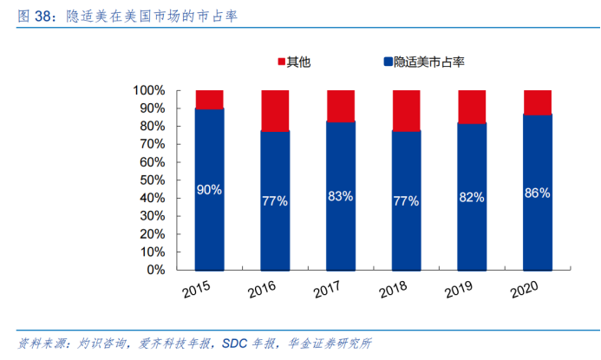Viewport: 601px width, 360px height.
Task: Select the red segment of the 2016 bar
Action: [x=275, y=110]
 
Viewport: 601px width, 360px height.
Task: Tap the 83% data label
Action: [x=340, y=196]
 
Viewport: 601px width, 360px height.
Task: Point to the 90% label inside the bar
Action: [x=209, y=188]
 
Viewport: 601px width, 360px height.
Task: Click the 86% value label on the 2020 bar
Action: [x=538, y=193]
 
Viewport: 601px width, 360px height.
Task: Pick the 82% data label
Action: [x=472, y=197]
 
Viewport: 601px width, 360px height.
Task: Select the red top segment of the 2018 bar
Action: [x=406, y=110]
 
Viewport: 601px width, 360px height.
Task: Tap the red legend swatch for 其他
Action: [x=281, y=62]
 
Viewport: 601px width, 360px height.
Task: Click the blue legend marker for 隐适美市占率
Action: [x=387, y=62]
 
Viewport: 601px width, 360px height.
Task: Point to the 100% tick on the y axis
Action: [x=149, y=90]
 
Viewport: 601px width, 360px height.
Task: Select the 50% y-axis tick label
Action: [x=153, y=180]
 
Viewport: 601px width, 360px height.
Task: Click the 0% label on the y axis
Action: [x=156, y=270]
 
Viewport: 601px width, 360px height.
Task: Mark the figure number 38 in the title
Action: [x=44, y=16]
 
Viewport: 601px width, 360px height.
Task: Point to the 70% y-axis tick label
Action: [x=153, y=144]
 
